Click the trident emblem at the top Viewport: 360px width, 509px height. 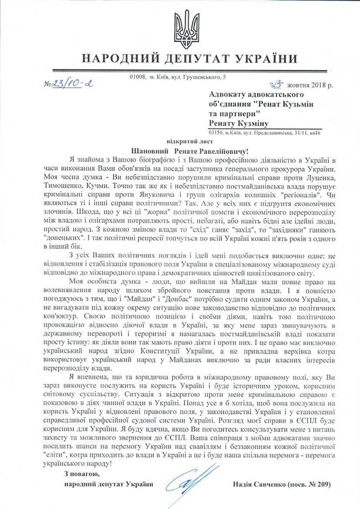180,29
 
